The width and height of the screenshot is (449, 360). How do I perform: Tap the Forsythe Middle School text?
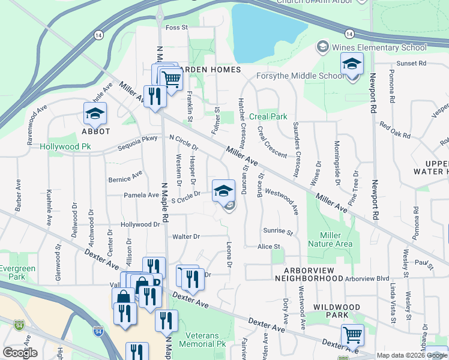300,76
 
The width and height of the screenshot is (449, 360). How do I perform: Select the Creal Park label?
268,116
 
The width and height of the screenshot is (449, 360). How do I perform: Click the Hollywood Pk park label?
65,146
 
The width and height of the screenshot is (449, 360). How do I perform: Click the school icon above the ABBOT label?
95,113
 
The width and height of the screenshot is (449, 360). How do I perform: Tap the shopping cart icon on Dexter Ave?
352,334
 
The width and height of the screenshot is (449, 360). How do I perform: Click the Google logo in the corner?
20,353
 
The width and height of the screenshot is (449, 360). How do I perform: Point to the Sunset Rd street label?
411,62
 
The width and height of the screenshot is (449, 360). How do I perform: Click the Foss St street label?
176,28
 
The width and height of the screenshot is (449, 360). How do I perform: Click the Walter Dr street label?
185,236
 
